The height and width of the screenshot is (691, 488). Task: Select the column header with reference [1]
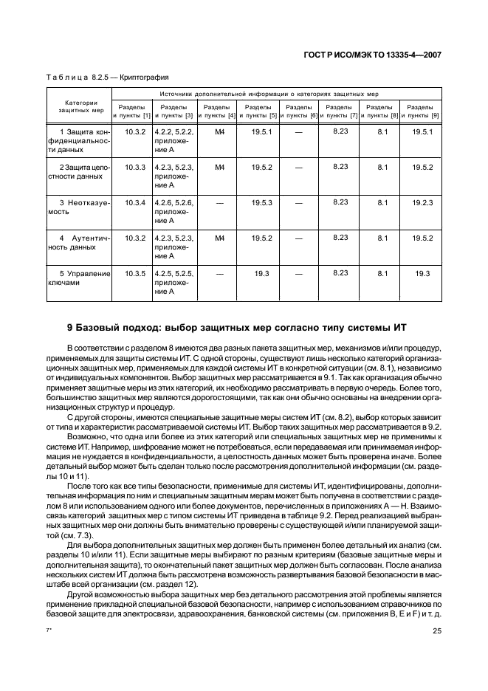(132, 111)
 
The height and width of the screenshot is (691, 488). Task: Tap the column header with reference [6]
(298, 111)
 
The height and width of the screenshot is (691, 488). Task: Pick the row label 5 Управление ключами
(79, 278)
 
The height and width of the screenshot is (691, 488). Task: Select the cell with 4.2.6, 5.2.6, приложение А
(173, 210)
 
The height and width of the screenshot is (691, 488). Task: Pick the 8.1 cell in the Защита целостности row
(382, 168)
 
